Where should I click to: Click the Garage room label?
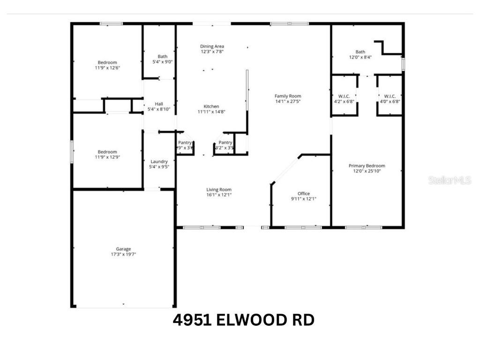[x=123, y=249]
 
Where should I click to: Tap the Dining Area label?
[x=212, y=46]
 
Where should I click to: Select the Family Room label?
[x=288, y=96]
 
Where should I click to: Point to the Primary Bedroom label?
[x=367, y=165]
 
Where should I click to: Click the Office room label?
[x=304, y=194]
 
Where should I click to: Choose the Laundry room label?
[x=159, y=161]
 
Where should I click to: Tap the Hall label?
[x=159, y=104]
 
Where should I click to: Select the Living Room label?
[x=219, y=190]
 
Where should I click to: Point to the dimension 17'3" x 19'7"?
[x=123, y=255]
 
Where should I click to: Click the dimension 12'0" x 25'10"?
[x=367, y=171]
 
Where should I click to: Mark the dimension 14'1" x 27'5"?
[x=288, y=101]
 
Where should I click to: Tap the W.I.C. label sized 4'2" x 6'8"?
[x=345, y=96]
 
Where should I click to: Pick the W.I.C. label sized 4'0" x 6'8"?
[x=390, y=96]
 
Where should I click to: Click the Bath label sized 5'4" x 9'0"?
[x=163, y=56]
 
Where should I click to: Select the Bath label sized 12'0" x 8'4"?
[x=360, y=52]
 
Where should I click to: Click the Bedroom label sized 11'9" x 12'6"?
[x=107, y=62]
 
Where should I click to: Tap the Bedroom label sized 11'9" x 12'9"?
[x=107, y=151]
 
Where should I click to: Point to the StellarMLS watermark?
[x=449, y=180]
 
